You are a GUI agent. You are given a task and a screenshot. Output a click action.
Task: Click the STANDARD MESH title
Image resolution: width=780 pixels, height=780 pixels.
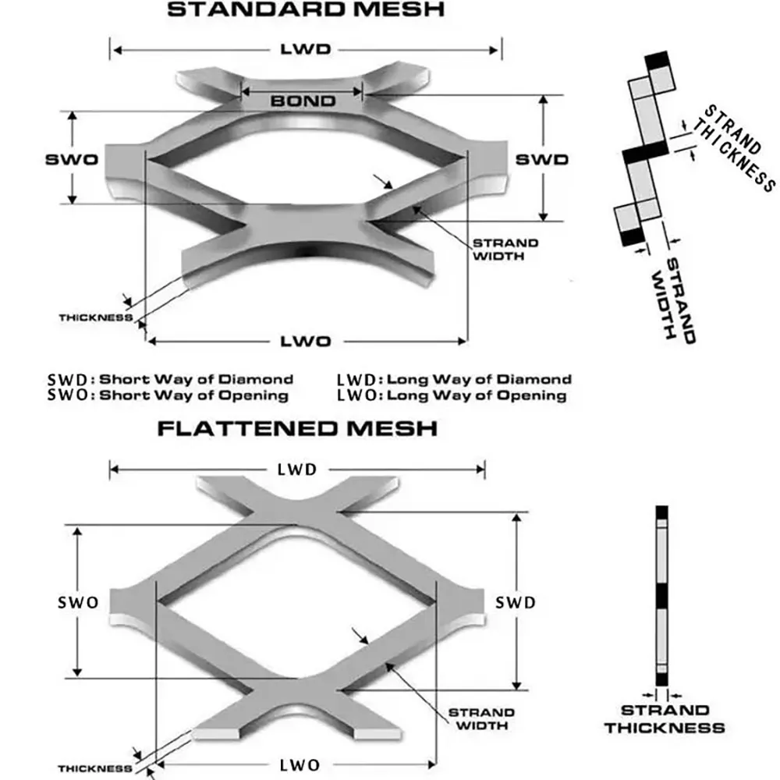(306, 10)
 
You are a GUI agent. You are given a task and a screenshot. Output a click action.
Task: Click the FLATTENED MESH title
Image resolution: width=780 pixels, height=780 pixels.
(296, 428)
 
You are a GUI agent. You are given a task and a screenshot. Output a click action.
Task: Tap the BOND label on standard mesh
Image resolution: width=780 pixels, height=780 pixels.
(303, 101)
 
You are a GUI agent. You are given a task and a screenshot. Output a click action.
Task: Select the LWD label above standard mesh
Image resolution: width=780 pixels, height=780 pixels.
(305, 49)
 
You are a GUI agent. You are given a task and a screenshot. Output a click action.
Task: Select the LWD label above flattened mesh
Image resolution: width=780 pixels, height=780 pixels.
(296, 469)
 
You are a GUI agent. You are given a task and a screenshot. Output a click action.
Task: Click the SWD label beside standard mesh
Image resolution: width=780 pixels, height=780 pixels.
(541, 159)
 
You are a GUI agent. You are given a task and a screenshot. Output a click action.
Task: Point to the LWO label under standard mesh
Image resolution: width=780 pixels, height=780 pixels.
(306, 341)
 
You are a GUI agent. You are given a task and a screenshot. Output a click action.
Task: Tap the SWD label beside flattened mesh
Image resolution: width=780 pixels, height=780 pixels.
(516, 603)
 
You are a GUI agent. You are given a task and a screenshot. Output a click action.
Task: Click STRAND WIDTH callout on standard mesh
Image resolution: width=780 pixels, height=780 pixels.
(505, 249)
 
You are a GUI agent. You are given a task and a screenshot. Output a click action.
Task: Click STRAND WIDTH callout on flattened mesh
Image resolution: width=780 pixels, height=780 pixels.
(481, 718)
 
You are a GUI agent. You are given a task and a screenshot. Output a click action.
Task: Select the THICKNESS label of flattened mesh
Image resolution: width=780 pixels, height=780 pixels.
(94, 768)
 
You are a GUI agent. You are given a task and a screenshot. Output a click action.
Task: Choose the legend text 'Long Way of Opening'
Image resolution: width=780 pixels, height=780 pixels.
(477, 395)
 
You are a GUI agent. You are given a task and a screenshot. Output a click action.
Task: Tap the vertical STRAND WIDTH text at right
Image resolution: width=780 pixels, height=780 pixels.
(672, 296)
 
